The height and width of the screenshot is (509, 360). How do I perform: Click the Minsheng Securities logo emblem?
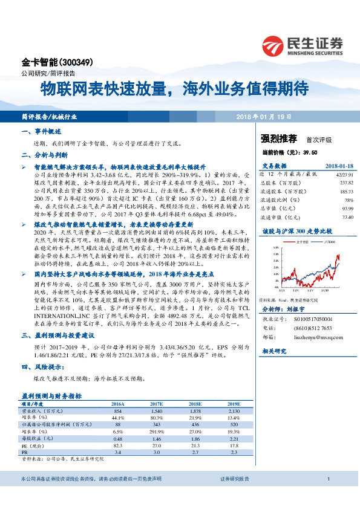273,44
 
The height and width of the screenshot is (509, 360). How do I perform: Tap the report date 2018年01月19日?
264,116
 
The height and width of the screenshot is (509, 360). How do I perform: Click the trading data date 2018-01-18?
339,166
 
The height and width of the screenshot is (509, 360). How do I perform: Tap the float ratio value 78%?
349,199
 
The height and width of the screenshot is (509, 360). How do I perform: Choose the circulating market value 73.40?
347,216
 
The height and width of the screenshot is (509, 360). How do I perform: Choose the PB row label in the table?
25,451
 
